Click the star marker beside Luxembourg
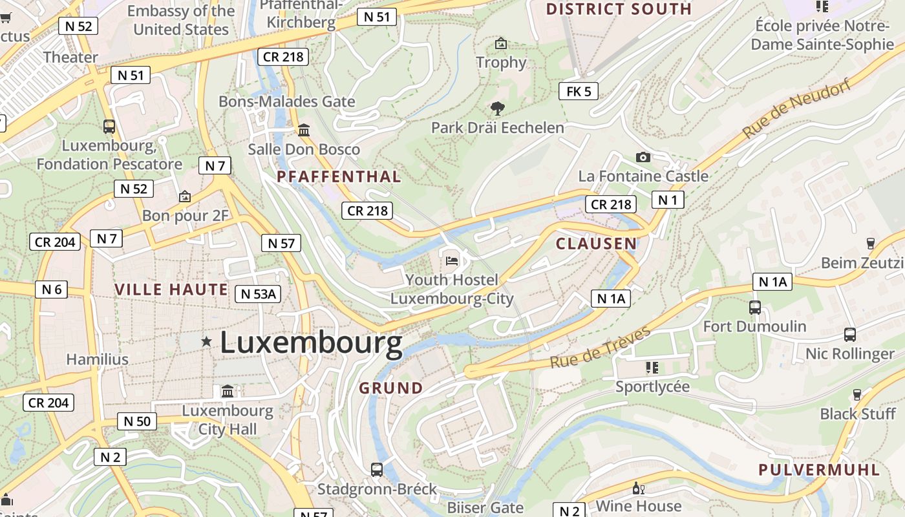[206, 341]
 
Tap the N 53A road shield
[257, 294]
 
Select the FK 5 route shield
[578, 91]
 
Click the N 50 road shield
[137, 421]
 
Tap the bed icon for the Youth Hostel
[452, 261]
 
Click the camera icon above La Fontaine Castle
[643, 157]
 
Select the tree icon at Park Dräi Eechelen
[497, 108]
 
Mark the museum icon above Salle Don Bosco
[304, 131]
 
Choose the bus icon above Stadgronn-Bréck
[377, 470]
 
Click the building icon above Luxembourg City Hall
[228, 391]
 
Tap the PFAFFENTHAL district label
[339, 176]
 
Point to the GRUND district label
[390, 388]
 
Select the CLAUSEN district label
[596, 244]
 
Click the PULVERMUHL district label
[819, 470]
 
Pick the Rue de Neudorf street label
[796, 111]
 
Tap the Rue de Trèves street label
[600, 348]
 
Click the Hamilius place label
[97, 359]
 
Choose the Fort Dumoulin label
[754, 326]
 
